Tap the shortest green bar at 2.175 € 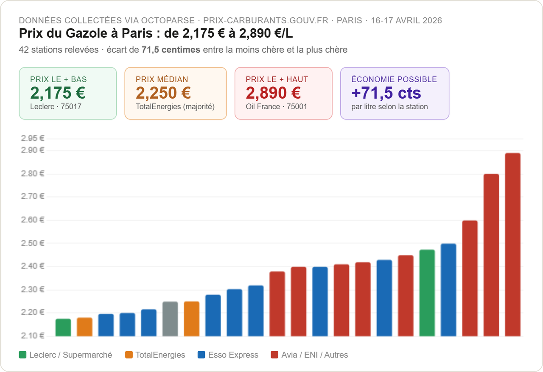(63, 328)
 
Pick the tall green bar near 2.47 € (427, 293)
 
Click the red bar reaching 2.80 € (491, 255)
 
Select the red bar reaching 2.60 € (470, 278)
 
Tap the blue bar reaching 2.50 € (448, 290)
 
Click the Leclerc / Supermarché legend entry (66, 355)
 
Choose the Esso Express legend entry (228, 355)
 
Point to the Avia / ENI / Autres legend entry (309, 355)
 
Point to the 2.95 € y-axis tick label (33, 138)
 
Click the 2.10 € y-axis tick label (33, 336)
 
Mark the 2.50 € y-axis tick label (33, 243)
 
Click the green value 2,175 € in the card (58, 93)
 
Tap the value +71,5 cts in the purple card (386, 93)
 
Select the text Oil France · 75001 (276, 107)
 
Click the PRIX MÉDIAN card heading (162, 80)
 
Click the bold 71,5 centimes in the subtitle (171, 50)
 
